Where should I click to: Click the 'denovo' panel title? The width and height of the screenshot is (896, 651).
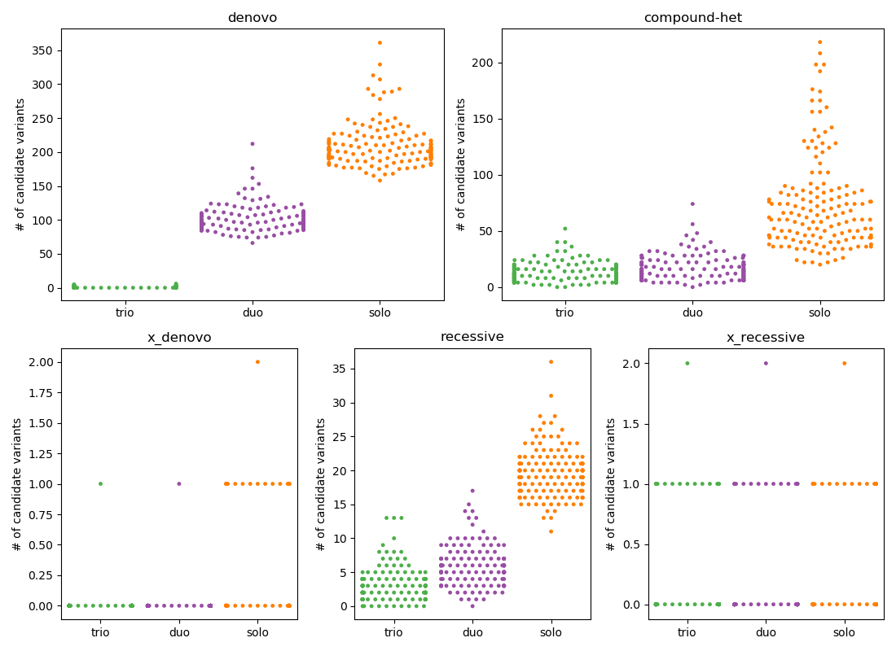(253, 18)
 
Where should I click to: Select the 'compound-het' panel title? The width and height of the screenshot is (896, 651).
(692, 18)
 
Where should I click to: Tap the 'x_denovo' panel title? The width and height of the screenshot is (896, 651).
(178, 338)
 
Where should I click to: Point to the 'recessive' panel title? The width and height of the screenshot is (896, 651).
(472, 337)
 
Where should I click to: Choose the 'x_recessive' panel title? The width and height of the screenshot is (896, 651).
(766, 338)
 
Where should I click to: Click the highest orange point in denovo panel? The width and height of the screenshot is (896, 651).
(380, 42)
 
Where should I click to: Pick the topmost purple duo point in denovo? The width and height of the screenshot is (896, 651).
(253, 144)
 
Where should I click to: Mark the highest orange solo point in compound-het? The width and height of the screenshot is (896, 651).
(819, 42)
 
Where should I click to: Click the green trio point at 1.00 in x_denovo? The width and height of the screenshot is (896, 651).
(100, 483)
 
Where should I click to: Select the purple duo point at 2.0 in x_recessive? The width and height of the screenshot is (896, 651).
(766, 363)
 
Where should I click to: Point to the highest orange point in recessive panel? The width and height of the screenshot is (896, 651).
(551, 361)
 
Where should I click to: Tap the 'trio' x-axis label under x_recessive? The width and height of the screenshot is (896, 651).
(687, 632)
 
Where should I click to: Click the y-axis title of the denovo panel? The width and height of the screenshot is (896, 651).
(20, 164)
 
